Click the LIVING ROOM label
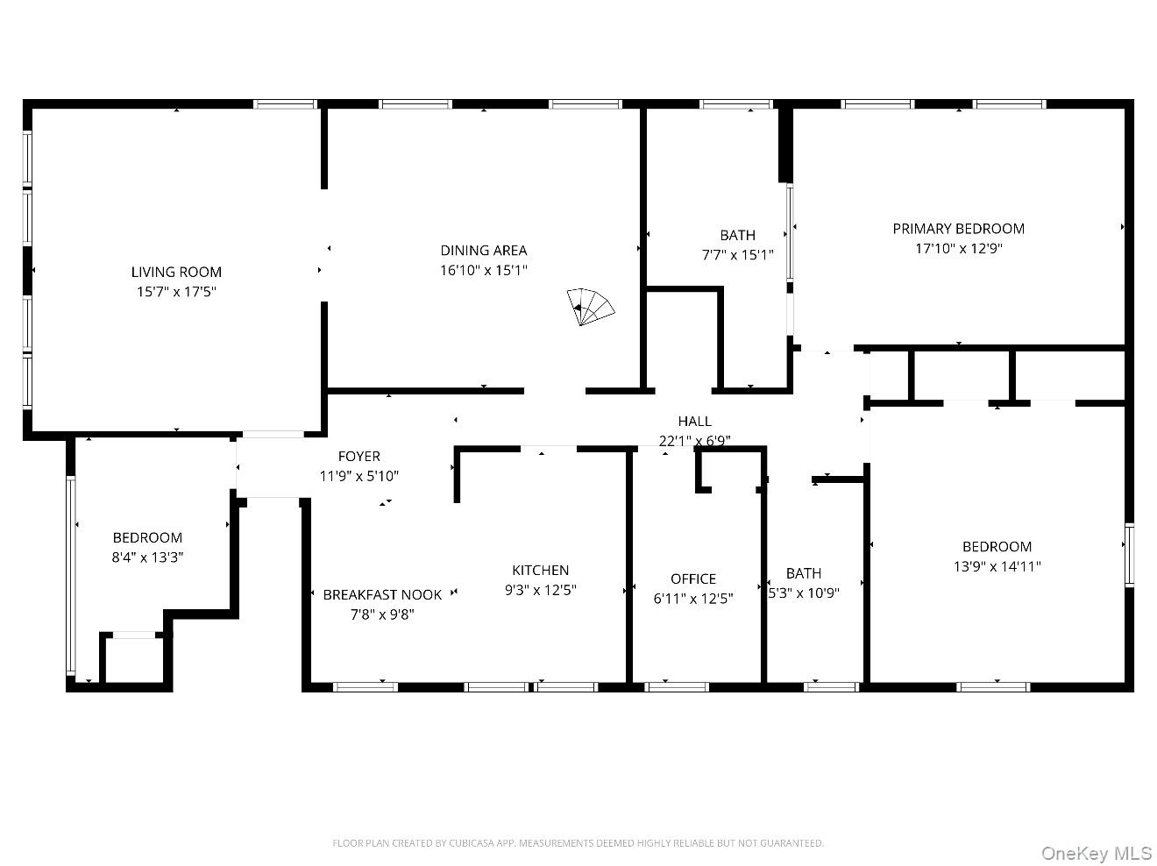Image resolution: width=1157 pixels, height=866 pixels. click(176, 272)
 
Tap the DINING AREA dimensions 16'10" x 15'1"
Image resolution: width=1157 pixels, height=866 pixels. click(483, 270)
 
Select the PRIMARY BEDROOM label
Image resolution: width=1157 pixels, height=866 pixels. click(958, 229)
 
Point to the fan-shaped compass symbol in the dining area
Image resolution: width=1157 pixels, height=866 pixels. click(590, 307)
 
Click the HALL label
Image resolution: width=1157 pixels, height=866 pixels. click(694, 421)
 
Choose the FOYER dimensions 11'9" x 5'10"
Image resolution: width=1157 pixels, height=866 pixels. click(359, 476)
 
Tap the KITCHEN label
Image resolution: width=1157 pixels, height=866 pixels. click(540, 570)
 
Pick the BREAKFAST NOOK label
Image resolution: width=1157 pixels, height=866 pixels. click(382, 594)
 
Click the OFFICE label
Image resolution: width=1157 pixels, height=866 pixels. click(693, 579)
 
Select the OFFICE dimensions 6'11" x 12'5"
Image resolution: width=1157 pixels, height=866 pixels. click(693, 599)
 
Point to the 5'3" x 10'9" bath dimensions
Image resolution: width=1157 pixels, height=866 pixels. click(803, 593)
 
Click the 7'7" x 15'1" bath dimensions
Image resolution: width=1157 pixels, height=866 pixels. click(737, 255)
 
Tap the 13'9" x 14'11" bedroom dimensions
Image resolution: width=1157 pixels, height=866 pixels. click(997, 566)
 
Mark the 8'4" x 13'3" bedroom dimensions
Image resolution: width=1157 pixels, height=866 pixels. click(147, 557)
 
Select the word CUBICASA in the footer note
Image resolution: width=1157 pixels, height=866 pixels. click(472, 843)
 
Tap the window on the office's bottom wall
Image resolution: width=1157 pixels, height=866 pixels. click(677, 687)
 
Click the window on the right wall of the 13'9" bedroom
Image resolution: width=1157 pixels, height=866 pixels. click(1129, 555)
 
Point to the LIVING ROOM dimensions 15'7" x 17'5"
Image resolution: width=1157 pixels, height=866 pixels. click(176, 292)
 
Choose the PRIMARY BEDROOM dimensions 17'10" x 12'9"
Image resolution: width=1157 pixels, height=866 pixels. click(958, 248)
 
